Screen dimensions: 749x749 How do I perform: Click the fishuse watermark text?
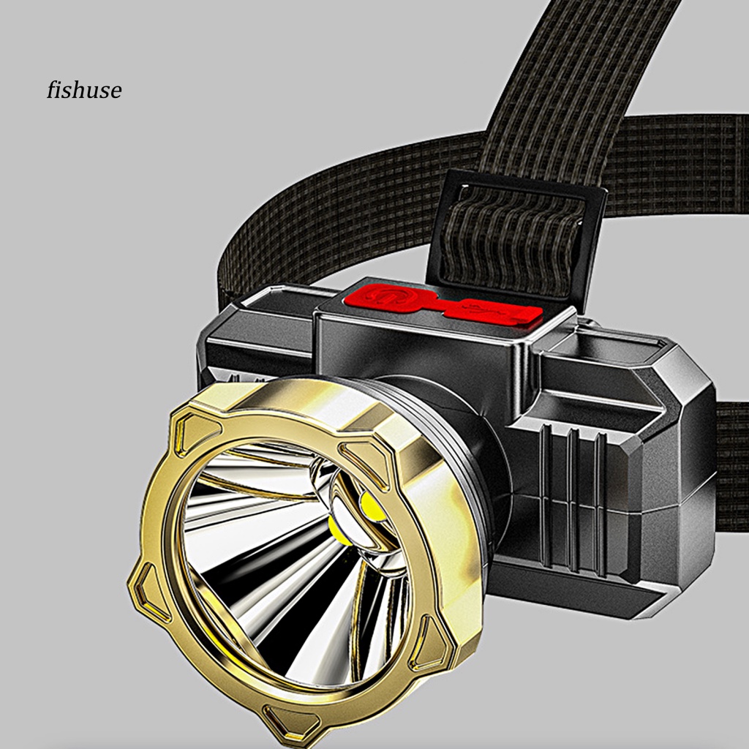pyautogui.click(x=84, y=90)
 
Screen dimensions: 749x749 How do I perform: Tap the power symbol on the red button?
pyautogui.click(x=383, y=296)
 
